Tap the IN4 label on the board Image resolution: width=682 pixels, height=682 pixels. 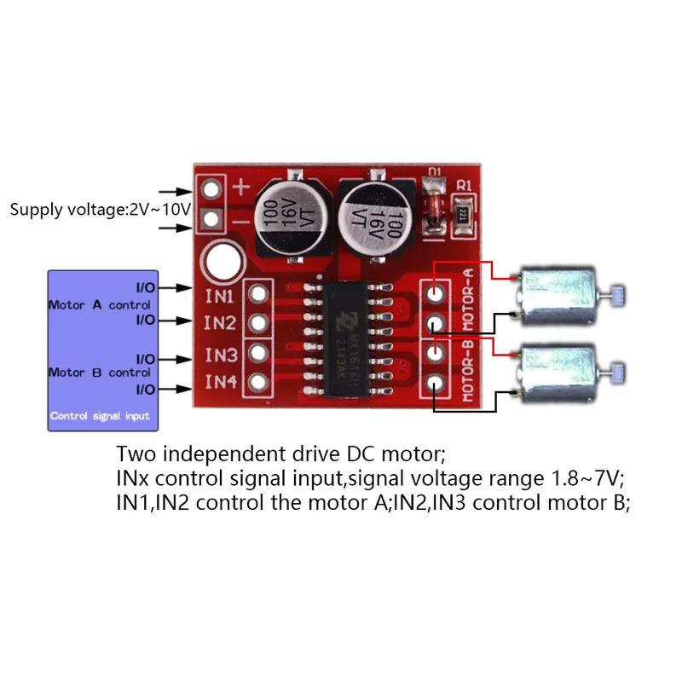coord(220,382)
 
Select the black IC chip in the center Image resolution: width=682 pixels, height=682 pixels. coord(349,339)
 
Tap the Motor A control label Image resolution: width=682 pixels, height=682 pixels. coord(100,304)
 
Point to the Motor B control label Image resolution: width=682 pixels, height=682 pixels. coord(100,373)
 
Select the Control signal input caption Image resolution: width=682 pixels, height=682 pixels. coord(101,416)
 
